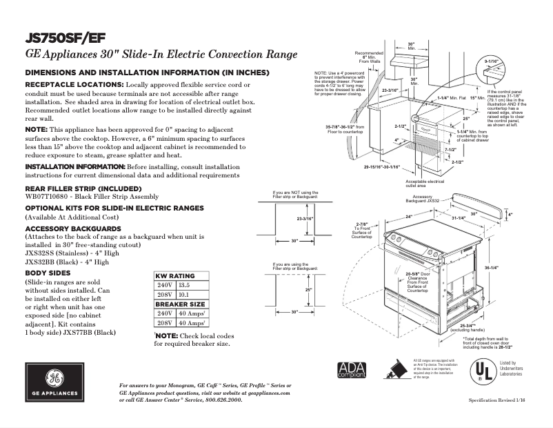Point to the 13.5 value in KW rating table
click(x=184, y=285)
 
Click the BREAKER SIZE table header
click(x=180, y=304)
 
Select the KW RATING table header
click(x=175, y=275)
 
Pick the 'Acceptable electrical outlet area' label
click(x=426, y=184)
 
